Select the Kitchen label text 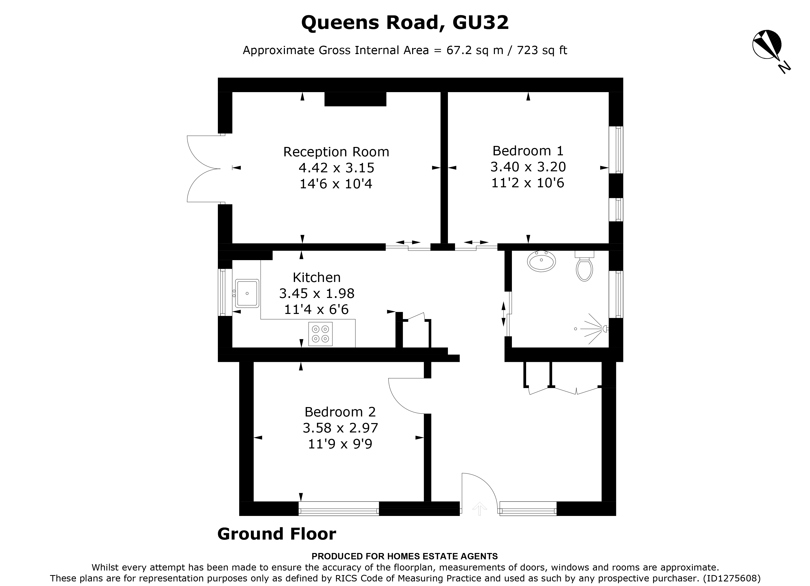(x=316, y=277)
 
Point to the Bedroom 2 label (x=340, y=412)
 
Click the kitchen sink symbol (x=247, y=293)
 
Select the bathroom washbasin (x=541, y=261)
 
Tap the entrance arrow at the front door (x=479, y=509)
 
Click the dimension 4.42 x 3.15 (x=336, y=168)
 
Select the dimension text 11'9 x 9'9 (x=340, y=444)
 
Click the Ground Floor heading (x=277, y=534)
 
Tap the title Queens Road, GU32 (x=405, y=23)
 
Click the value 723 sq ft (x=542, y=50)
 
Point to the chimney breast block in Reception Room (x=355, y=99)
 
